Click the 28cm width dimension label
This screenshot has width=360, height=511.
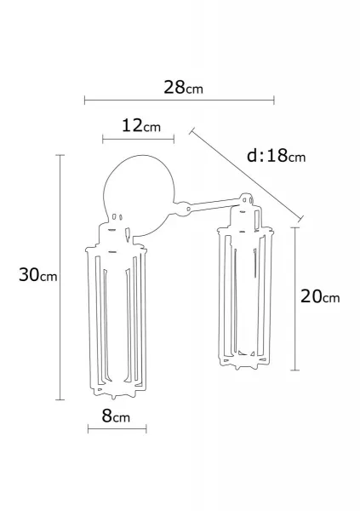pyautogui.click(x=183, y=88)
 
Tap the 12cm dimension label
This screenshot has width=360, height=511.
pyautogui.click(x=141, y=125)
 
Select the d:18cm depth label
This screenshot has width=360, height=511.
pyautogui.click(x=277, y=156)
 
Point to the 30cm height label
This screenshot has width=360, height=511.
pyautogui.click(x=37, y=274)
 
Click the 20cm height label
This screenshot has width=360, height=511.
pyautogui.click(x=320, y=296)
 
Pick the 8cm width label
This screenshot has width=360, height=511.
pyautogui.click(x=116, y=416)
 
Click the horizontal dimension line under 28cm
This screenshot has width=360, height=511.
pyautogui.click(x=180, y=100)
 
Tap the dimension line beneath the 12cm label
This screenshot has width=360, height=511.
pyautogui.click(x=138, y=140)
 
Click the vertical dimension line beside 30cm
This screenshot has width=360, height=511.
pyautogui.click(x=60, y=278)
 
